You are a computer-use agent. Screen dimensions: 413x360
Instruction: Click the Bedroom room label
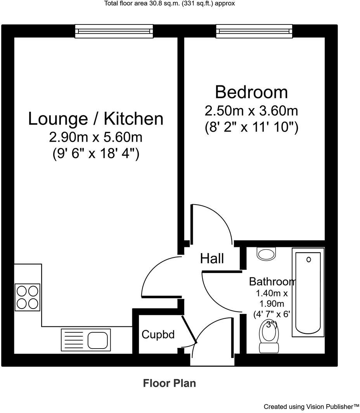[251, 92]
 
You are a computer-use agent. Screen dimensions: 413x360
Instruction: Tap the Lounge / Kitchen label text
[95, 118]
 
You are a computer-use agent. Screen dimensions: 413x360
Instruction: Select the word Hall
[212, 259]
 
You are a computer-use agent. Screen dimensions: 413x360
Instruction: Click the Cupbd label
[157, 334]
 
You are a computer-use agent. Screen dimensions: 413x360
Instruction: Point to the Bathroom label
[272, 281]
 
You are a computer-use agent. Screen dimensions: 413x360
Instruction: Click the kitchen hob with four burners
[27, 297]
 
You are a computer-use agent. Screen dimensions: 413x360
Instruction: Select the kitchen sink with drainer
[86, 340]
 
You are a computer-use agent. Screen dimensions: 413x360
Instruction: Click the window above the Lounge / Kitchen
[112, 31]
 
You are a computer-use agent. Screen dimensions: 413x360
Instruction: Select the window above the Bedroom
[254, 31]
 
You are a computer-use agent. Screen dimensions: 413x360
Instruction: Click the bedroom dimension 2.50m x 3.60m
[251, 111]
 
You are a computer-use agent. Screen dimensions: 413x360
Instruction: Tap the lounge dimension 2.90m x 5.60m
[95, 137]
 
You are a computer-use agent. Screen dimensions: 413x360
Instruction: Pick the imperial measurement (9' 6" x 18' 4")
[95, 154]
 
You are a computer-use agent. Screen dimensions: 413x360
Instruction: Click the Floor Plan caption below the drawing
[170, 383]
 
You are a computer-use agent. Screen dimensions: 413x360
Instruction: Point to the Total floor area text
[170, 3]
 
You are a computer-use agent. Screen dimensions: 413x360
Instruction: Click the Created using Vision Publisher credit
[312, 406]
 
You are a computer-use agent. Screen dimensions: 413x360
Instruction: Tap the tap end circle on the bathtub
[309, 259]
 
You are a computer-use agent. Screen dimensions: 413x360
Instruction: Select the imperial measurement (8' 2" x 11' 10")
[251, 128]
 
